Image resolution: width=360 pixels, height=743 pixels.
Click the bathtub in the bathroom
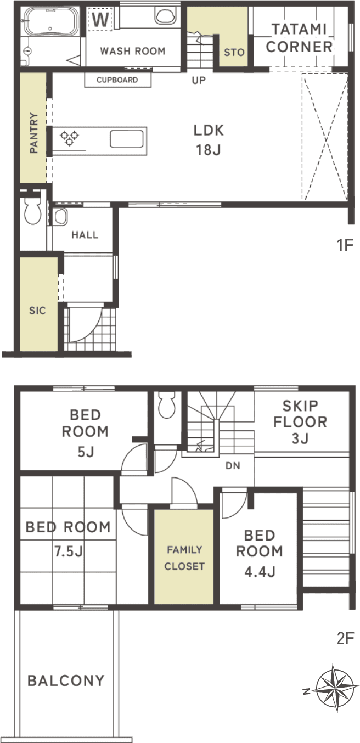click(x=50, y=21)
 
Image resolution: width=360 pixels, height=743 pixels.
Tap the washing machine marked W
click(x=100, y=19)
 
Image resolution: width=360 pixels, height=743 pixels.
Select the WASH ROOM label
click(x=133, y=51)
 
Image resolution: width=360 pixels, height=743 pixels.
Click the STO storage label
click(x=234, y=52)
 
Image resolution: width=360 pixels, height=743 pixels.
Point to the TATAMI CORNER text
click(x=299, y=38)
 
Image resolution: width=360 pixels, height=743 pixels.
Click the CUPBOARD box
click(x=118, y=80)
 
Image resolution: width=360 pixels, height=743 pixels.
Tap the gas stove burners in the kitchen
click(x=70, y=138)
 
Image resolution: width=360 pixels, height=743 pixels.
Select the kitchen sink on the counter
click(x=127, y=139)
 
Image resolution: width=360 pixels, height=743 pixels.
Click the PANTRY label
click(x=34, y=133)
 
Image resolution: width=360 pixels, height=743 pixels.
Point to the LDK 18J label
click(x=209, y=140)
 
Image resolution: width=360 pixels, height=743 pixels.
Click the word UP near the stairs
click(x=199, y=80)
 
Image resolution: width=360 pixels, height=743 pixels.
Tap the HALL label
click(x=85, y=235)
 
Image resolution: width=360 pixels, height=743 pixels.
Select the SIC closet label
click(x=37, y=311)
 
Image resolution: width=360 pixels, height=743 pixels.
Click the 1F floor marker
click(x=345, y=245)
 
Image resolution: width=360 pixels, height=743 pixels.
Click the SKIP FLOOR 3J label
click(x=300, y=422)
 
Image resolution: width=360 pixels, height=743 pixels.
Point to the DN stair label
click(x=233, y=466)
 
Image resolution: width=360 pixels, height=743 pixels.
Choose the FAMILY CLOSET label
click(x=184, y=558)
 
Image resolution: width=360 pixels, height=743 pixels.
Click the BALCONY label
click(x=66, y=680)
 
